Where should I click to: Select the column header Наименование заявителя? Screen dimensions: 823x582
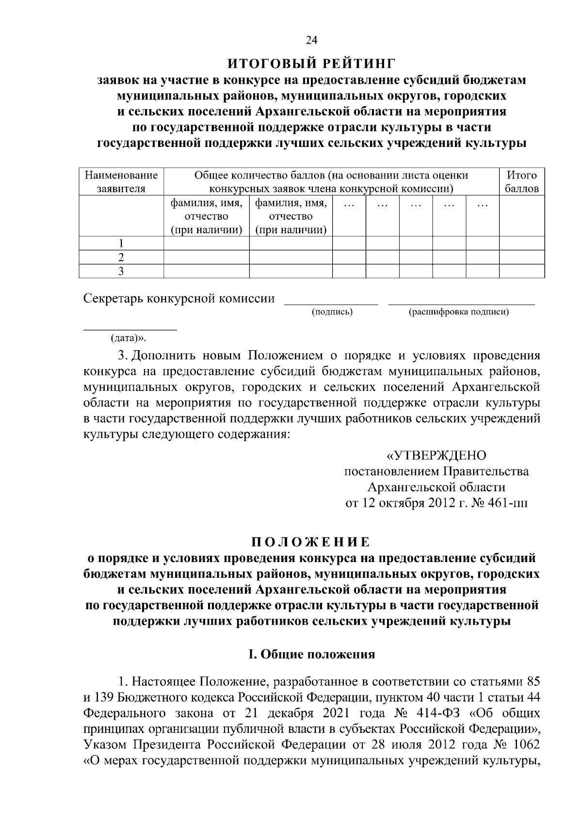[x=121, y=181]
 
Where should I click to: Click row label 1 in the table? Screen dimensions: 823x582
[x=121, y=243]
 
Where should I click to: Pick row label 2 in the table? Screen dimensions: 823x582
[x=121, y=257]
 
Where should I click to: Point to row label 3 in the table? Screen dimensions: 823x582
[x=121, y=271]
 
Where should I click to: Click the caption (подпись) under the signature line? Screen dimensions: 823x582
[x=332, y=312]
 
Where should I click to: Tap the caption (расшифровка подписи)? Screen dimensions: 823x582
[x=458, y=312]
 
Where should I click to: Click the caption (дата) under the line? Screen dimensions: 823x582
[x=128, y=338]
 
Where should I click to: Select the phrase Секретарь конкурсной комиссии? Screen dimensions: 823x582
[x=179, y=299]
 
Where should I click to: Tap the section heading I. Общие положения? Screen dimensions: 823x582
[x=311, y=654]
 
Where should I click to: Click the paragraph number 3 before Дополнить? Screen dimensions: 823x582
[x=122, y=355]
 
